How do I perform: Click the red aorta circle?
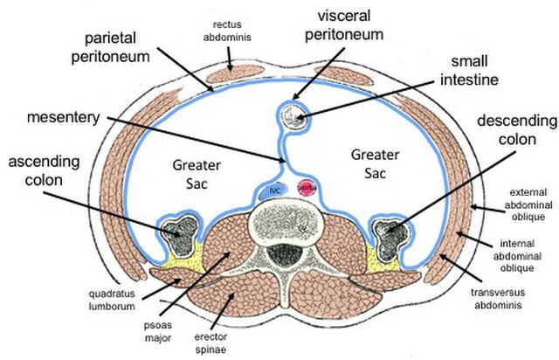pyautogui.click(x=306, y=186)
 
